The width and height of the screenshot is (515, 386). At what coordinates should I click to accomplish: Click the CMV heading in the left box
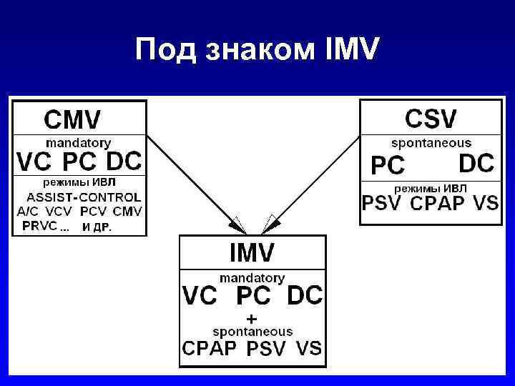pyautogui.click(x=73, y=119)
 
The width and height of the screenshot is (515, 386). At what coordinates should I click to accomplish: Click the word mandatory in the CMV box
pyautogui.click(x=78, y=142)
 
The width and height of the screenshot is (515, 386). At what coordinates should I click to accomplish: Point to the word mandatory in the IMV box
pyautogui.click(x=252, y=277)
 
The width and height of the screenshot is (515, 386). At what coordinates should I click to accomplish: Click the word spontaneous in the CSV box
pyautogui.click(x=431, y=142)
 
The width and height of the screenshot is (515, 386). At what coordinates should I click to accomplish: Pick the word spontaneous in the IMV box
pyautogui.click(x=252, y=332)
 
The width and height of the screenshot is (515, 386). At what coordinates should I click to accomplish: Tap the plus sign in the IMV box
pyautogui.click(x=251, y=317)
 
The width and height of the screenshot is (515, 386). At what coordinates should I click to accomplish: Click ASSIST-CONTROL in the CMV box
pyautogui.click(x=84, y=197)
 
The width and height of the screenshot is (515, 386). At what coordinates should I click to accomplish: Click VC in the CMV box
pyautogui.click(x=34, y=163)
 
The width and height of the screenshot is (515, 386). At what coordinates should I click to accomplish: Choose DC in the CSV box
pyautogui.click(x=476, y=164)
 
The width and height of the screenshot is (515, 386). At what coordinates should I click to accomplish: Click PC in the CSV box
pyautogui.click(x=387, y=166)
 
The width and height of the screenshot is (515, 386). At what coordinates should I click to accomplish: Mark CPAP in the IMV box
pyautogui.click(x=209, y=350)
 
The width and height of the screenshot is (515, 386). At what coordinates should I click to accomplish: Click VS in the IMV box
pyautogui.click(x=308, y=350)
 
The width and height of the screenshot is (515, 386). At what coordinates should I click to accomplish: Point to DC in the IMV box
pyautogui.click(x=305, y=295)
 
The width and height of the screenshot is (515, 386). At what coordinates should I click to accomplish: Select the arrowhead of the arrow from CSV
pyautogui.click(x=273, y=223)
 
